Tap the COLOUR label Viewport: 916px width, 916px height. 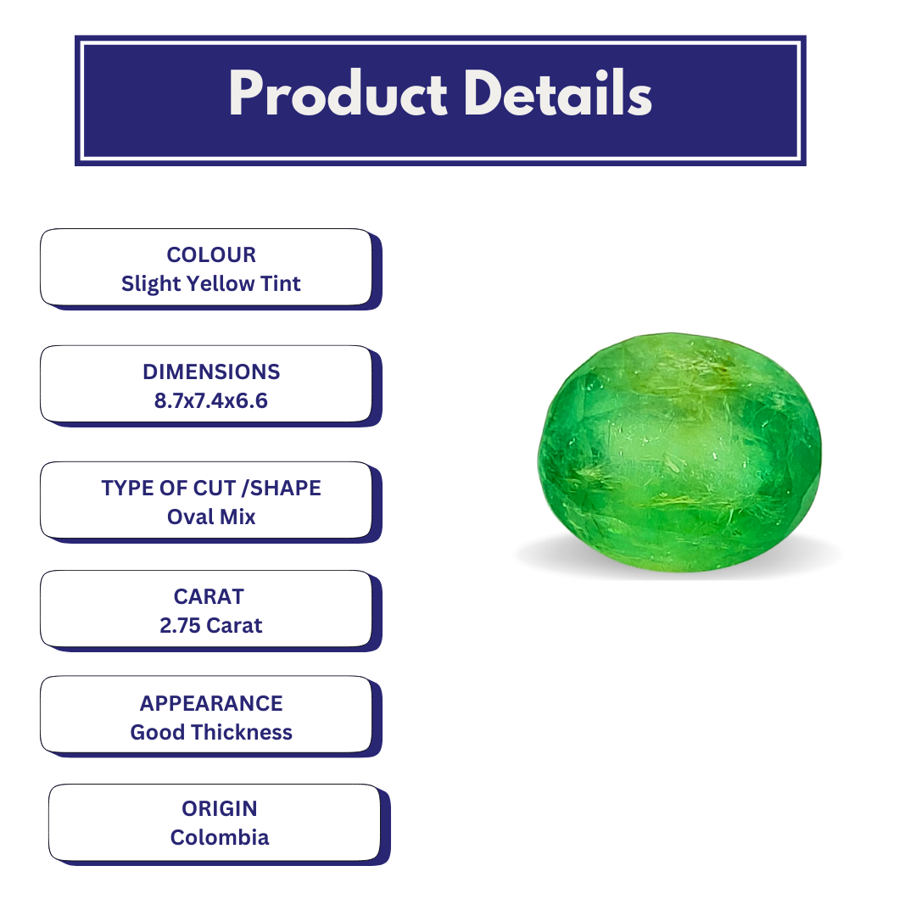point(211,254)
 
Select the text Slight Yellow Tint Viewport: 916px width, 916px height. point(211,283)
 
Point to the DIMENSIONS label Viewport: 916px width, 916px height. point(211,371)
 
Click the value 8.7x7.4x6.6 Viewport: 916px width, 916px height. point(211,400)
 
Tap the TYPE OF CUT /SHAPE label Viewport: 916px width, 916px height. point(211,488)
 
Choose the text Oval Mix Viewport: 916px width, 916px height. point(211,517)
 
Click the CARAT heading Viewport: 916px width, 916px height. point(209,596)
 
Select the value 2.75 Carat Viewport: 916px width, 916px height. point(211,625)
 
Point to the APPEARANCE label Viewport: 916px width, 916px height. point(211,703)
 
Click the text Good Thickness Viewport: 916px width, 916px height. point(211,732)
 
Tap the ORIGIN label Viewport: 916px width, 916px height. point(219,808)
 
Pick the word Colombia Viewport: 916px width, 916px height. point(219,837)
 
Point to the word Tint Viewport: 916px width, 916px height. point(281,283)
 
